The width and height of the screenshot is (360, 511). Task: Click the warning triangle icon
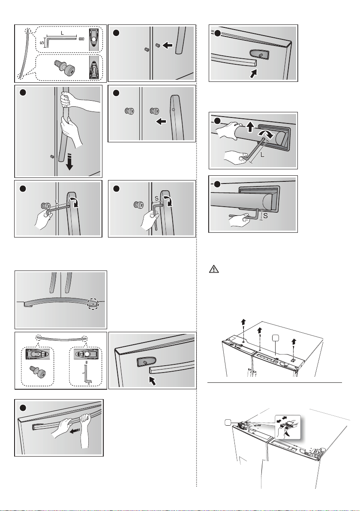coord(214,269)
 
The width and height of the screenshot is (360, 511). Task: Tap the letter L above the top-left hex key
coord(62,33)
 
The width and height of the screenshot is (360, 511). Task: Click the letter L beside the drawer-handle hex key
coord(263,156)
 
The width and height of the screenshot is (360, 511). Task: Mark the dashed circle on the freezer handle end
coord(93,304)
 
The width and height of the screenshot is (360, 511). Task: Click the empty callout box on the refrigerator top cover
coord(276,339)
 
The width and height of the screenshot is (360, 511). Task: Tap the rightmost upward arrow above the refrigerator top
coord(294,342)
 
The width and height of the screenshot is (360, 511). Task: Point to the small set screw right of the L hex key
coord(81,39)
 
